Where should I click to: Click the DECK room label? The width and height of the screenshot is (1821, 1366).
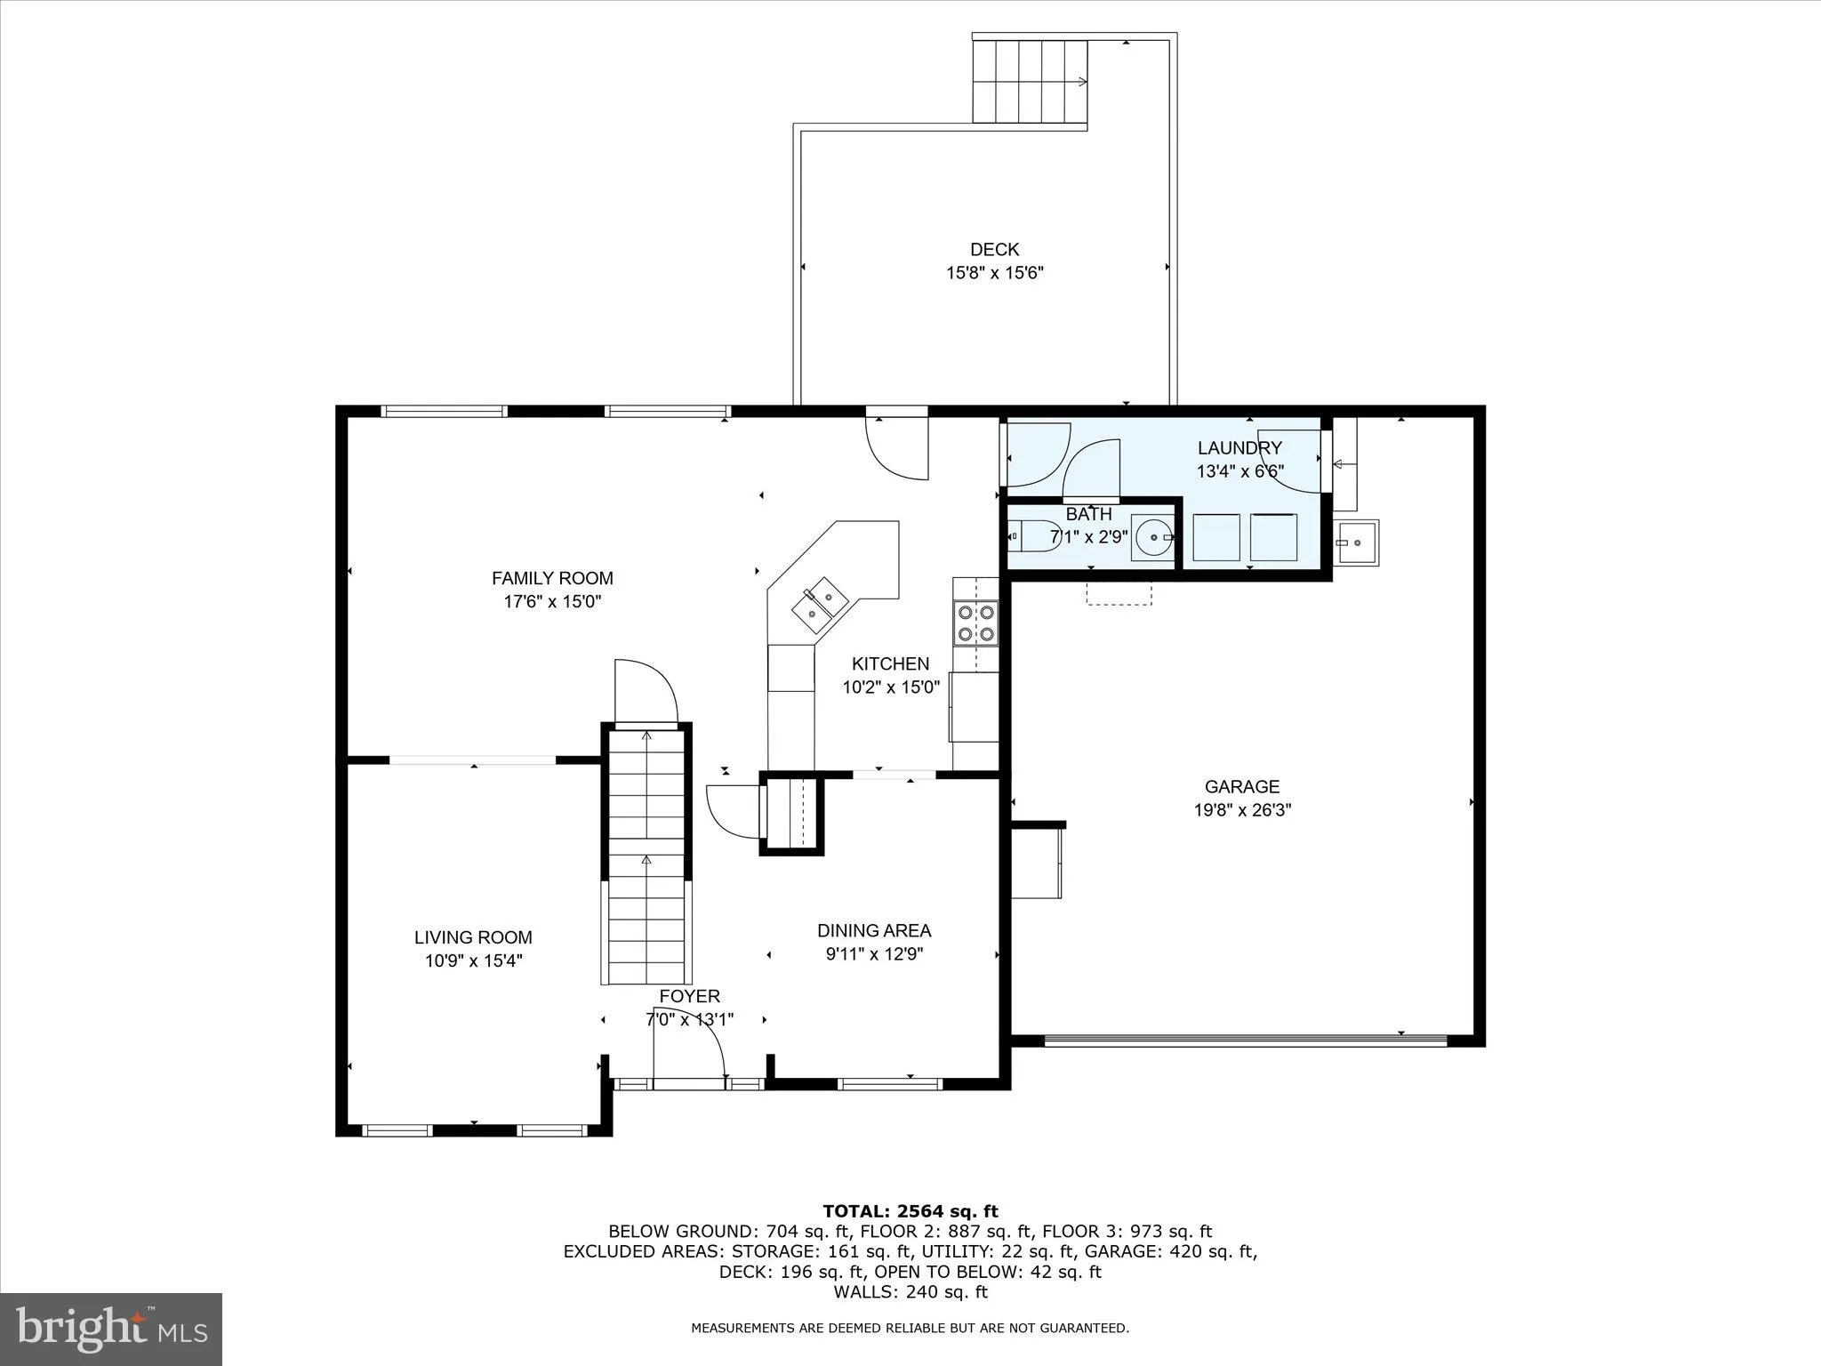tap(994, 250)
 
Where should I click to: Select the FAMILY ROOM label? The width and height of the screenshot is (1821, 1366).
tap(552, 578)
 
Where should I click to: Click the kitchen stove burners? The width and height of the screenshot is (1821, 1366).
tap(975, 623)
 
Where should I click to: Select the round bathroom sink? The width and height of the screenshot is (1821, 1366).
tap(1152, 538)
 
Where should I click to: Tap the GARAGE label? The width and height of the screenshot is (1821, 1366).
tap(1241, 786)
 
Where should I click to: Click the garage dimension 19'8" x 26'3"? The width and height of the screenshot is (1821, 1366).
tap(1241, 810)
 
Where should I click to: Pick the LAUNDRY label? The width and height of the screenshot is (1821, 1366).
tap(1239, 448)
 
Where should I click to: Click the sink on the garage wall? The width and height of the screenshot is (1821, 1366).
tap(1356, 542)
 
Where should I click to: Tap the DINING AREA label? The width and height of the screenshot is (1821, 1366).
tap(873, 930)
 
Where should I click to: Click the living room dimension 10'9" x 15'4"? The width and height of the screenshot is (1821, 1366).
tap(473, 960)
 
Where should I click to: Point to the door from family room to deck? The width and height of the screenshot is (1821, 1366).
tap(896, 448)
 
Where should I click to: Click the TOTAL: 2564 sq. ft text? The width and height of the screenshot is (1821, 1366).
tap(910, 1210)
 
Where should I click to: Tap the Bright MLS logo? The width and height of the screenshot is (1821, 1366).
tap(111, 1329)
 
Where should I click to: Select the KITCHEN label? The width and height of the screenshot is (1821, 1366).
tap(890, 663)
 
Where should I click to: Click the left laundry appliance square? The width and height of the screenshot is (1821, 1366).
tap(1215, 537)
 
